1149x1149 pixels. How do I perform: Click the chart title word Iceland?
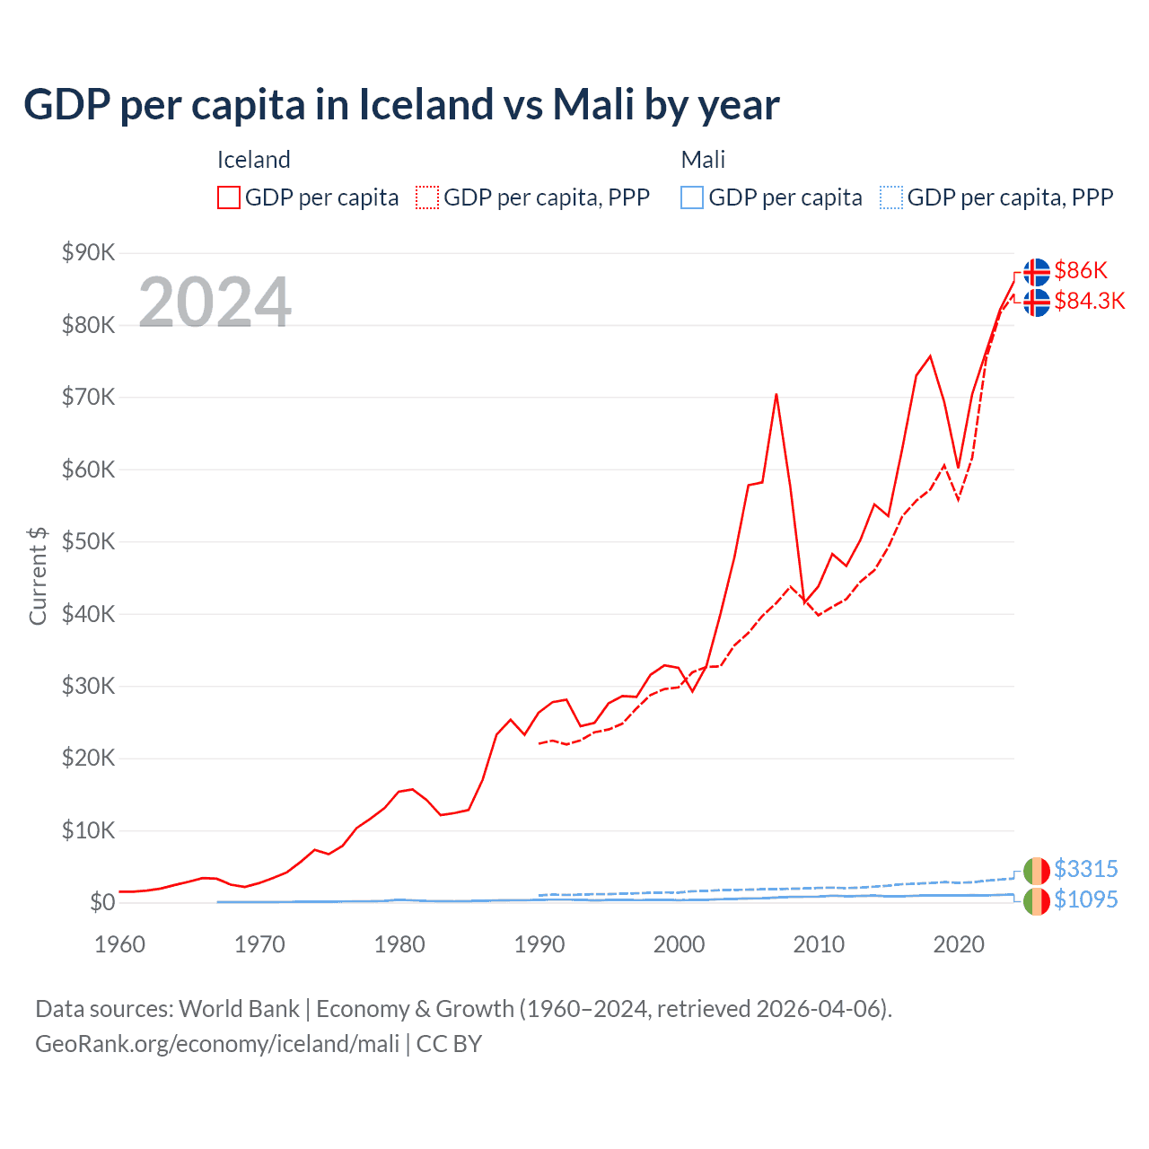click(x=425, y=104)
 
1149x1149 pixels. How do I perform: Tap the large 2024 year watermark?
click(x=215, y=302)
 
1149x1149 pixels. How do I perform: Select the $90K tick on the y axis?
click(x=88, y=252)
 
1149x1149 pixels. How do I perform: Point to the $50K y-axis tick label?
click(x=88, y=541)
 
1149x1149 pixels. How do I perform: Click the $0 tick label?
click(x=102, y=902)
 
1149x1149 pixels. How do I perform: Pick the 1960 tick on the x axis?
click(x=119, y=944)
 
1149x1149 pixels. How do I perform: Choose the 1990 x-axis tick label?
click(x=539, y=944)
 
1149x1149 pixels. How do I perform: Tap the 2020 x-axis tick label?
click(x=959, y=944)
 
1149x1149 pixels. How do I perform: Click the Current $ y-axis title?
click(x=38, y=575)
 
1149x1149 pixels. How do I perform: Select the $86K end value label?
click(x=1081, y=270)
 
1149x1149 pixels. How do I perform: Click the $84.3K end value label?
click(x=1089, y=301)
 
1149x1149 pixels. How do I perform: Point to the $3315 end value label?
click(x=1085, y=869)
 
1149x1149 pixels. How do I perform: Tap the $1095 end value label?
click(x=1085, y=899)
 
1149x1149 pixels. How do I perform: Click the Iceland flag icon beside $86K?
click(x=1036, y=271)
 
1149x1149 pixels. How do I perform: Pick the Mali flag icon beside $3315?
click(x=1036, y=871)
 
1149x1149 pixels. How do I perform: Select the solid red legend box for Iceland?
click(x=229, y=197)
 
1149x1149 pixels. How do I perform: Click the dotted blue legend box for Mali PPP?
click(x=891, y=197)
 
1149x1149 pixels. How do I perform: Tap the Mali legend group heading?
click(x=703, y=160)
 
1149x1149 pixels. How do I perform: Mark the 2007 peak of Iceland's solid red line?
click(x=776, y=394)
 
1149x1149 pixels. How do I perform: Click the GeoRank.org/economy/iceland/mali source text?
click(x=217, y=1044)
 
